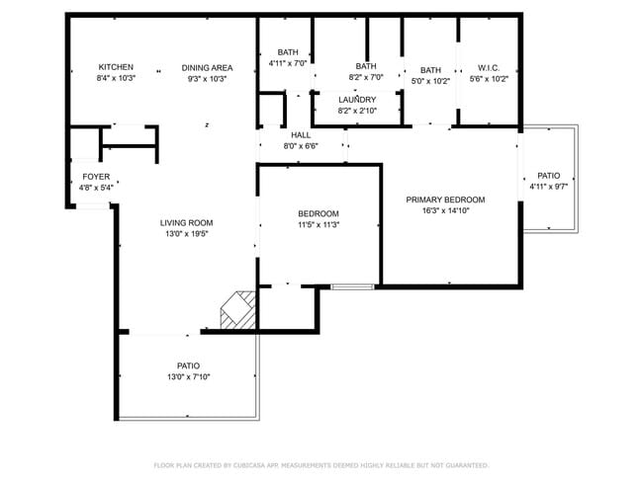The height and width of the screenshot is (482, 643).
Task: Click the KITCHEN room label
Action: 116,67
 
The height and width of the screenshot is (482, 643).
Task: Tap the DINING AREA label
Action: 206,67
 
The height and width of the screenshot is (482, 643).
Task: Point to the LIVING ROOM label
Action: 186,222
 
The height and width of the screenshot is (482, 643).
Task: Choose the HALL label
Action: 301,135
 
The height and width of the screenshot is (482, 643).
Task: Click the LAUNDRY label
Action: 357,100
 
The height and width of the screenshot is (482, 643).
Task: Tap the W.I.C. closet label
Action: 489,68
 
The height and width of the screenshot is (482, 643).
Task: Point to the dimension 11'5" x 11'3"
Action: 319,224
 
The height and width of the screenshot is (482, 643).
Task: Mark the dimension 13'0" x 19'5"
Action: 186,234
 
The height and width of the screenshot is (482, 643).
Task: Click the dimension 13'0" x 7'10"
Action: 188,376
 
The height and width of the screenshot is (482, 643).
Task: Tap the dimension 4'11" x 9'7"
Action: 548,186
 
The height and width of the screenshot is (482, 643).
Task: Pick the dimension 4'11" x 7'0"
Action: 288,62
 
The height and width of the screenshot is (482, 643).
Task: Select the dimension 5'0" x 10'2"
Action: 430,81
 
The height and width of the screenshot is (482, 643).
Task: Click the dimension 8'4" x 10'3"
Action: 116,78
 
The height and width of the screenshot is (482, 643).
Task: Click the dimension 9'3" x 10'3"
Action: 206,78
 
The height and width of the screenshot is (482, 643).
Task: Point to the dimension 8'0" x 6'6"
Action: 301,146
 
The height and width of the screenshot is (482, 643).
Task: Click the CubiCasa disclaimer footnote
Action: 321,464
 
